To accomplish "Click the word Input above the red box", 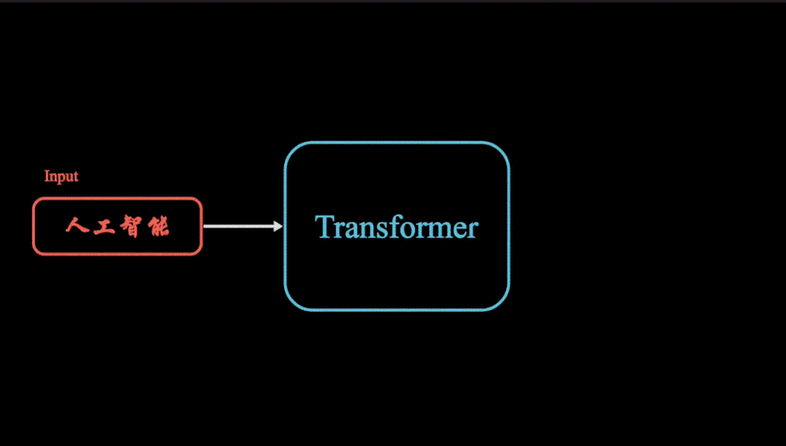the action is [61, 177].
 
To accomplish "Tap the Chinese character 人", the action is [77, 226].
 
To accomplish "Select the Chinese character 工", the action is [104, 226].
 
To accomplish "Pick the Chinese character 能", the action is [158, 227].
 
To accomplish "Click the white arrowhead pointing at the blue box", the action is [278, 226].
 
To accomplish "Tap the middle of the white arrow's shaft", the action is [238, 226].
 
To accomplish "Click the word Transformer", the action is [396, 227].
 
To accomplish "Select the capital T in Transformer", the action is [324, 227].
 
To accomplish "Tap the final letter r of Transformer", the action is [472, 231].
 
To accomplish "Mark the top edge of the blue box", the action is [397, 142].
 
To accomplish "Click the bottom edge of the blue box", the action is [397, 309].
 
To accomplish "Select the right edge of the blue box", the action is [508, 226].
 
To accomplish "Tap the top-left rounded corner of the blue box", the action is [291, 149].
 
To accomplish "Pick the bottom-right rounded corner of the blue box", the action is [502, 303].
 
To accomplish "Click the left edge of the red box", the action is [34, 226].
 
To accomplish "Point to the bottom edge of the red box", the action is [117, 254].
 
